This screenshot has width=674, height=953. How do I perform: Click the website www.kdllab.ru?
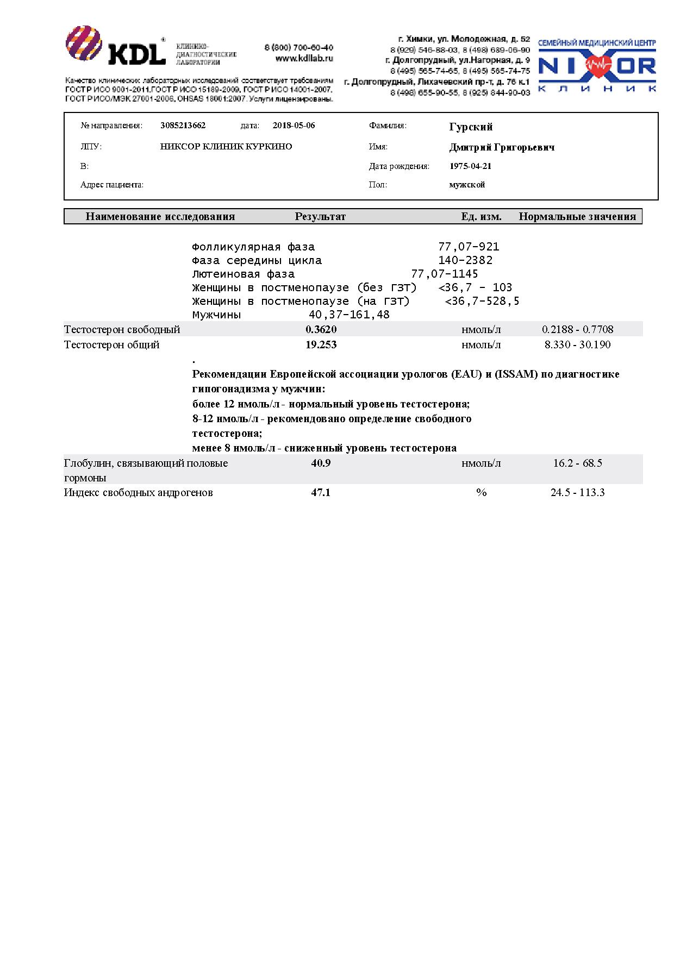304,58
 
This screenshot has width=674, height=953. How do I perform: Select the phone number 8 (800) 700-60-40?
298,48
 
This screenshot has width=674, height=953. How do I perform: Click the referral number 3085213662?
183,126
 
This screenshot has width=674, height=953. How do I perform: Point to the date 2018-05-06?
294,126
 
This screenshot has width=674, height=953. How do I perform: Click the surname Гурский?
471,127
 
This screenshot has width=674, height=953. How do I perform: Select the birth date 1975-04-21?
470,166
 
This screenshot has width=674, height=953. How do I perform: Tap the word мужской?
467,185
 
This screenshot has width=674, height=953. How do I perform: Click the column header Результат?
320,217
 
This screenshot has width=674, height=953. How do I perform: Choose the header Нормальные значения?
577,217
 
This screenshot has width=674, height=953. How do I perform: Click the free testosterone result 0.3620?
321,329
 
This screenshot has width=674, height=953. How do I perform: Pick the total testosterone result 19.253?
321,344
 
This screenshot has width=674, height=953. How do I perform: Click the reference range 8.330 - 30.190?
577,344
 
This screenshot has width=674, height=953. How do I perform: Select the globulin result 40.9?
321,463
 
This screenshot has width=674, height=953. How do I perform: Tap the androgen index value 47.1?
321,493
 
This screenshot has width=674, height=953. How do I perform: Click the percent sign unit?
481,493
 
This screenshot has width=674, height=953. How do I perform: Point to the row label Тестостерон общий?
112,344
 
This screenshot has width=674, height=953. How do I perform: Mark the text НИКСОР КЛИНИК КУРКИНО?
226,147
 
